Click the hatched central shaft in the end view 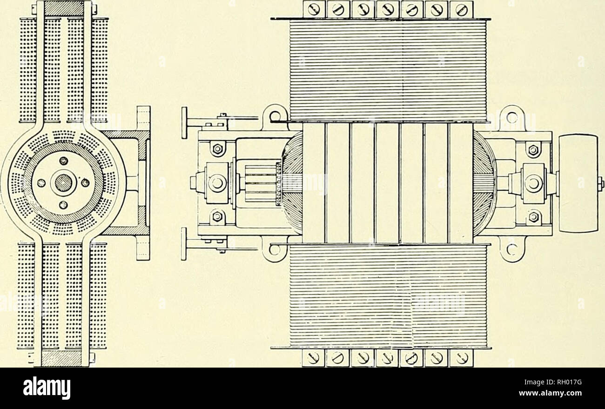coord(63,183)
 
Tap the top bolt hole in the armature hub coord(64,161)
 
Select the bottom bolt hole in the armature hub coord(63,205)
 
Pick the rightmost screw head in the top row coord(462,10)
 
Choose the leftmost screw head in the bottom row coord(313,359)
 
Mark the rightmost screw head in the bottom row coord(462,359)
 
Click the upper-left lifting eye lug coord(274,118)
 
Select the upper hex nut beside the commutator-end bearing coord(217,148)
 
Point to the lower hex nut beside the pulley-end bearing coord(534,216)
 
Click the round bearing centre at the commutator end coord(217,183)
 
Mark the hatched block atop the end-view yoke coord(63,9)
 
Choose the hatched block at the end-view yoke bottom coord(63,359)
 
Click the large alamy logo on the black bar coord(47,388)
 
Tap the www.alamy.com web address coord(551,393)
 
